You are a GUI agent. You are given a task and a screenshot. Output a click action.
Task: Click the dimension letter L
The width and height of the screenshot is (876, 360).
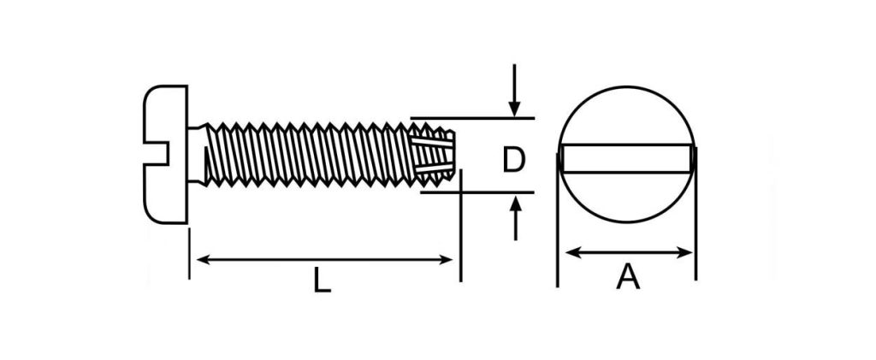tap(322, 280)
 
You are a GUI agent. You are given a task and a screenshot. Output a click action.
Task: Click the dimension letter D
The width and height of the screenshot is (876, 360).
tap(513, 160)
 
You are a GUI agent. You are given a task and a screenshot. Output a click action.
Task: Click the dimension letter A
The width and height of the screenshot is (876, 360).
tap(627, 277)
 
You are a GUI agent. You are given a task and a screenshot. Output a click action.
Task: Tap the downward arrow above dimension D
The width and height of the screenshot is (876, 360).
tap(514, 91)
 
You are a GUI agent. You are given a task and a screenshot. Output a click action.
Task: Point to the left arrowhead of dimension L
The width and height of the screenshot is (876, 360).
tap(204, 260)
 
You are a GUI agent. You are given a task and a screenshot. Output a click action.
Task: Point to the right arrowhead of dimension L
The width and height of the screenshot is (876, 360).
tap(446, 260)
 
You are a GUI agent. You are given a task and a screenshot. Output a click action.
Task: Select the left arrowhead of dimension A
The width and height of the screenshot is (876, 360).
tap(572, 253)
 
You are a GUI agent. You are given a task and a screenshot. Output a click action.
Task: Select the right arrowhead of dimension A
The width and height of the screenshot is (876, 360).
tap(685, 253)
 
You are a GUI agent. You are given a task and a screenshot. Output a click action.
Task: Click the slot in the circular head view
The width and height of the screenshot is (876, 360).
tap(627, 158)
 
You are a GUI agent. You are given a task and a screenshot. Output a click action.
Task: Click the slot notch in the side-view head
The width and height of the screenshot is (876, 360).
tap(157, 153)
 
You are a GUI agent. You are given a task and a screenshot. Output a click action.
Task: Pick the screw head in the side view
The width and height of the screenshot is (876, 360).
tap(165, 155)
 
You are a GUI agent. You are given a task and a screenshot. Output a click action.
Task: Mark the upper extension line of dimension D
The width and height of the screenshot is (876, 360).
tap(472, 118)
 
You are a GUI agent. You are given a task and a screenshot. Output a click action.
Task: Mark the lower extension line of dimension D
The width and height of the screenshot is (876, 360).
tap(477, 192)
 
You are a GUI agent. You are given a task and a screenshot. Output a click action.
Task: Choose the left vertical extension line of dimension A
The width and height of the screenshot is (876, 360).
tap(557, 218)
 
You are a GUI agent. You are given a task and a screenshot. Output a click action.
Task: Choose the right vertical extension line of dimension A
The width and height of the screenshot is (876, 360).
tap(695, 212)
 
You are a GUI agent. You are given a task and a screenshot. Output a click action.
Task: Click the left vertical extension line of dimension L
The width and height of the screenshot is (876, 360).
tap(189, 253)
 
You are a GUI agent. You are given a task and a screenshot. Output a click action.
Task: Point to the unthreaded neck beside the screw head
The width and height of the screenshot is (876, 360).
tap(197, 155)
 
